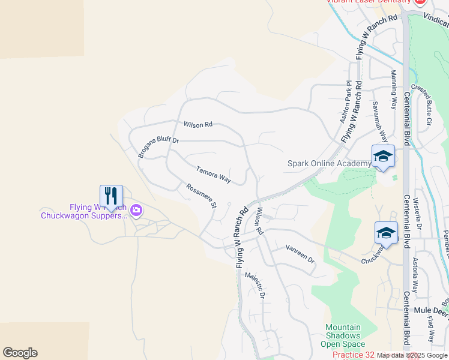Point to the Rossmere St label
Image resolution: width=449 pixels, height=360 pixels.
[x=201, y=196]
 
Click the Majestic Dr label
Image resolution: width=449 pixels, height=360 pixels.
[x=255, y=286]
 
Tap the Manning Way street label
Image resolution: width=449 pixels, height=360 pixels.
[x=394, y=89]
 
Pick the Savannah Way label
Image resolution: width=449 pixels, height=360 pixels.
[x=376, y=118]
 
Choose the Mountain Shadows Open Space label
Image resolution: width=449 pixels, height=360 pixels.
[x=345, y=336]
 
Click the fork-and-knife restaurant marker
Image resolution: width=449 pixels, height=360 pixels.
[x=111, y=196]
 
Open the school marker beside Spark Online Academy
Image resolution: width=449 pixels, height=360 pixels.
[x=383, y=157]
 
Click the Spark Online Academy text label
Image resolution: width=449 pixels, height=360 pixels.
[x=329, y=164]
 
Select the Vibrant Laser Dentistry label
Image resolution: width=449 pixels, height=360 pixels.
[x=362, y=2]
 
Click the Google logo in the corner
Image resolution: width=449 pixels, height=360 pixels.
[x=19, y=353]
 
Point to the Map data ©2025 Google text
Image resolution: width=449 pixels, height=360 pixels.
[x=412, y=356]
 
